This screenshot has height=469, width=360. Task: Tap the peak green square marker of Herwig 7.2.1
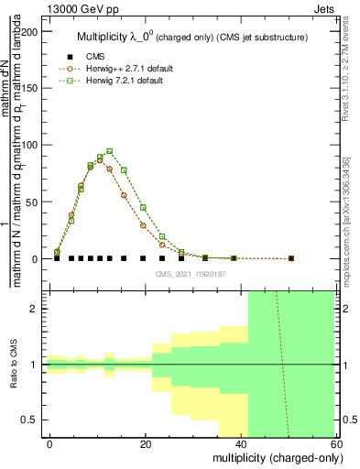click(110, 152)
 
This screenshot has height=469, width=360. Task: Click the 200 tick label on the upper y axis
click(31, 32)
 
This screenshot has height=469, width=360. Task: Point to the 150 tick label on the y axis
click(31, 89)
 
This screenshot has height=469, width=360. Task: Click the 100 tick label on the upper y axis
click(31, 146)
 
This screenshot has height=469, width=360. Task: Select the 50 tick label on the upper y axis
click(34, 202)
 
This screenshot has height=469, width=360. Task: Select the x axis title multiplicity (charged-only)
click(275, 456)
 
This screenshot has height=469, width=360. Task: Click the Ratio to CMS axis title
click(13, 365)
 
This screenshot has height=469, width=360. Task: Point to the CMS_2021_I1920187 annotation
click(191, 275)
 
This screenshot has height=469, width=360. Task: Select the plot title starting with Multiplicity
click(192, 37)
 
